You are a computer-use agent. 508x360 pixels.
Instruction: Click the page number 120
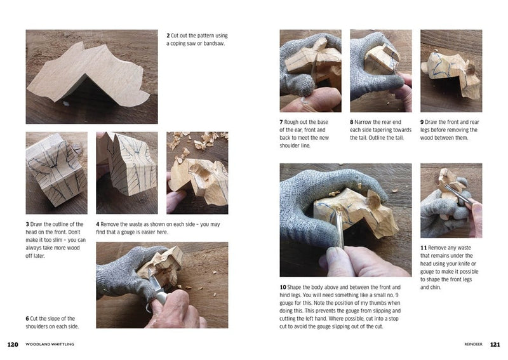pos(13,345)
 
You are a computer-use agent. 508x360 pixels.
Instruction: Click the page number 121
pos(495,345)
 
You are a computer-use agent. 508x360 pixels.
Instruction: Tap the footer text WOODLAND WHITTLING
pos(50,344)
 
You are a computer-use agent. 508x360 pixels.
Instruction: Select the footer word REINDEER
pos(473,344)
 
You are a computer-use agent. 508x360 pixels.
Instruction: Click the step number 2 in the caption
pos(168,36)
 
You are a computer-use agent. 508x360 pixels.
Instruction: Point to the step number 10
pos(283,288)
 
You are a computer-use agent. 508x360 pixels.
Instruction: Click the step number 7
pos(281,122)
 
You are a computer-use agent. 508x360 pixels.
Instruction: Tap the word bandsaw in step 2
pos(214,43)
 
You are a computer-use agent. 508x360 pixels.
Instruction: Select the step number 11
pos(424,248)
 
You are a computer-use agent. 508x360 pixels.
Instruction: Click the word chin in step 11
pos(435,288)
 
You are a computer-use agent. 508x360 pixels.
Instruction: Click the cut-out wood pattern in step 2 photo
pos(88,76)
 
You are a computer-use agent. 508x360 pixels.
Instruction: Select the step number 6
pos(27,319)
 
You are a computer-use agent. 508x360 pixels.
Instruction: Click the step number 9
pos(422,122)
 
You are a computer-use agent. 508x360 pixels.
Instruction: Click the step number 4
pos(98,224)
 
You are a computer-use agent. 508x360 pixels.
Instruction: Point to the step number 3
pos(27,224)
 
